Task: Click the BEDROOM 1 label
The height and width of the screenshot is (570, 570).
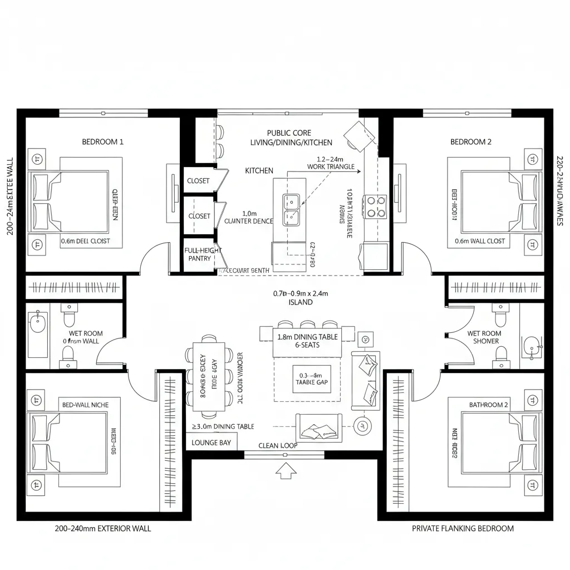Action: tap(102, 141)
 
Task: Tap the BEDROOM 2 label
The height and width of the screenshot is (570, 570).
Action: tap(470, 141)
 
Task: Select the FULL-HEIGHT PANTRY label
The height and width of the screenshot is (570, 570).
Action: tap(200, 254)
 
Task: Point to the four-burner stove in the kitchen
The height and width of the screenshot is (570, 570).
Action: tap(375, 206)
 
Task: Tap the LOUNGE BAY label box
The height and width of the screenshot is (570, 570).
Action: tap(211, 443)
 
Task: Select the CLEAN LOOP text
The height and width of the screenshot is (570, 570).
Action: tap(278, 445)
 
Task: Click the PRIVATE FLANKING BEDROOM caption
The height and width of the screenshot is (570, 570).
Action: tap(462, 528)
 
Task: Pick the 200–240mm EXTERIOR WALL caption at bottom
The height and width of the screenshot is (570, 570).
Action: tap(102, 528)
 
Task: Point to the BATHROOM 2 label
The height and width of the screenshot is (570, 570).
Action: tap(488, 405)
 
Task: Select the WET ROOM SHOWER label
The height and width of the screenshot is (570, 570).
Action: tap(484, 337)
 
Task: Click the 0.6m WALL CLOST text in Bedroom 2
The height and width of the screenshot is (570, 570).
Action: tap(480, 241)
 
